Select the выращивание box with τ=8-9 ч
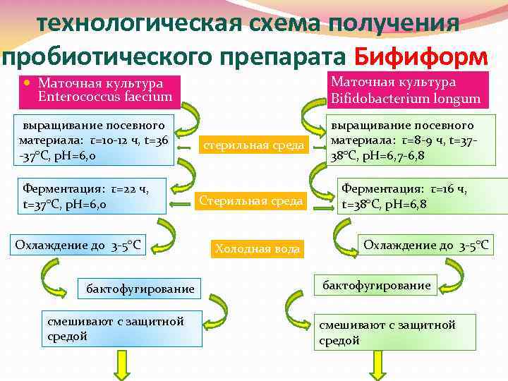click(408, 141)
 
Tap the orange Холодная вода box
click(258, 248)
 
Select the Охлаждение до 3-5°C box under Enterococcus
click(79, 246)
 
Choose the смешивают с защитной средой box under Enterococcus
click(121, 329)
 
